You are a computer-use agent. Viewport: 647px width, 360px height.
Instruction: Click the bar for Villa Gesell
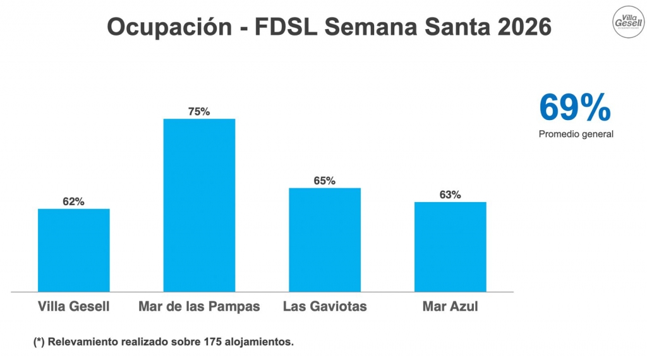point(74,250)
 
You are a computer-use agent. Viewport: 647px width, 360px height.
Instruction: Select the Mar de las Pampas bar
point(199,205)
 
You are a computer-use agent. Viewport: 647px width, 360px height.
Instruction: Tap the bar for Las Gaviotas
point(325,240)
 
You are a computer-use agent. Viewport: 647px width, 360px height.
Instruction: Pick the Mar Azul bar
point(450,247)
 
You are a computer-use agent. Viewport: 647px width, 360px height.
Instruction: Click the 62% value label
point(73,201)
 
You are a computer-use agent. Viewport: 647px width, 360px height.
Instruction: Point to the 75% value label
point(199,112)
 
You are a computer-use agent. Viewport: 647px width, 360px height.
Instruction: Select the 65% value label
point(325,181)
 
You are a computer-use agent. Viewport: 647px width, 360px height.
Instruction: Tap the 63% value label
point(450,195)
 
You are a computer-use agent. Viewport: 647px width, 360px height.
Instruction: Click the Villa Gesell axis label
point(74,307)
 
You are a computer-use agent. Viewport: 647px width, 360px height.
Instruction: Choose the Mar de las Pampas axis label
point(199,307)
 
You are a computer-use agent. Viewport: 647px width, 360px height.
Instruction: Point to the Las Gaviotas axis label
point(325,307)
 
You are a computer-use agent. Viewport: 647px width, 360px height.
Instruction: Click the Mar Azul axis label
point(450,307)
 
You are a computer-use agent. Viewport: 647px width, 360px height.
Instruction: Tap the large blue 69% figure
point(574,108)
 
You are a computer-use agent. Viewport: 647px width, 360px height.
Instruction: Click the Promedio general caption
point(576,134)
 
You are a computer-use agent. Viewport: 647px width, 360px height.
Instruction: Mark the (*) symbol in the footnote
point(39,342)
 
